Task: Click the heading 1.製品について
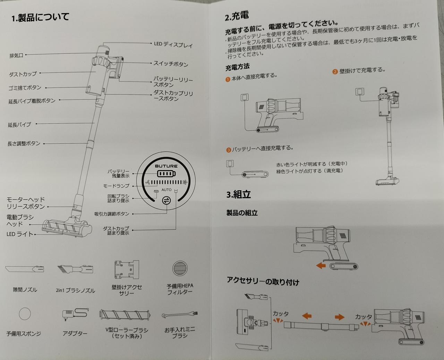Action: point(40,17)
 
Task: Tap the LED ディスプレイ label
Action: point(173,44)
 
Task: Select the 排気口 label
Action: point(16,56)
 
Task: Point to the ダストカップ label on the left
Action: point(23,74)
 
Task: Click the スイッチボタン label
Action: point(171,64)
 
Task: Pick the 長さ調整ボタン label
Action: point(24,143)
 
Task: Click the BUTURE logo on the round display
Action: point(166,166)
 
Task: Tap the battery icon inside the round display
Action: point(166,174)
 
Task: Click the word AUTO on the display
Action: point(166,190)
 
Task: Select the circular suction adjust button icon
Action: point(166,200)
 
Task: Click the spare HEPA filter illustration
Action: point(180,268)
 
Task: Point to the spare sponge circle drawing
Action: point(25,313)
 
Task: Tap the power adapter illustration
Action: point(75,314)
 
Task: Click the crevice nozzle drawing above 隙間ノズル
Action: point(25,269)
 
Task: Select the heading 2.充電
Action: point(237,16)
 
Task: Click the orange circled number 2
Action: point(335,72)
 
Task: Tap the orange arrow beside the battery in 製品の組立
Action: point(321,266)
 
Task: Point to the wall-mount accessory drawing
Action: point(127,269)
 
